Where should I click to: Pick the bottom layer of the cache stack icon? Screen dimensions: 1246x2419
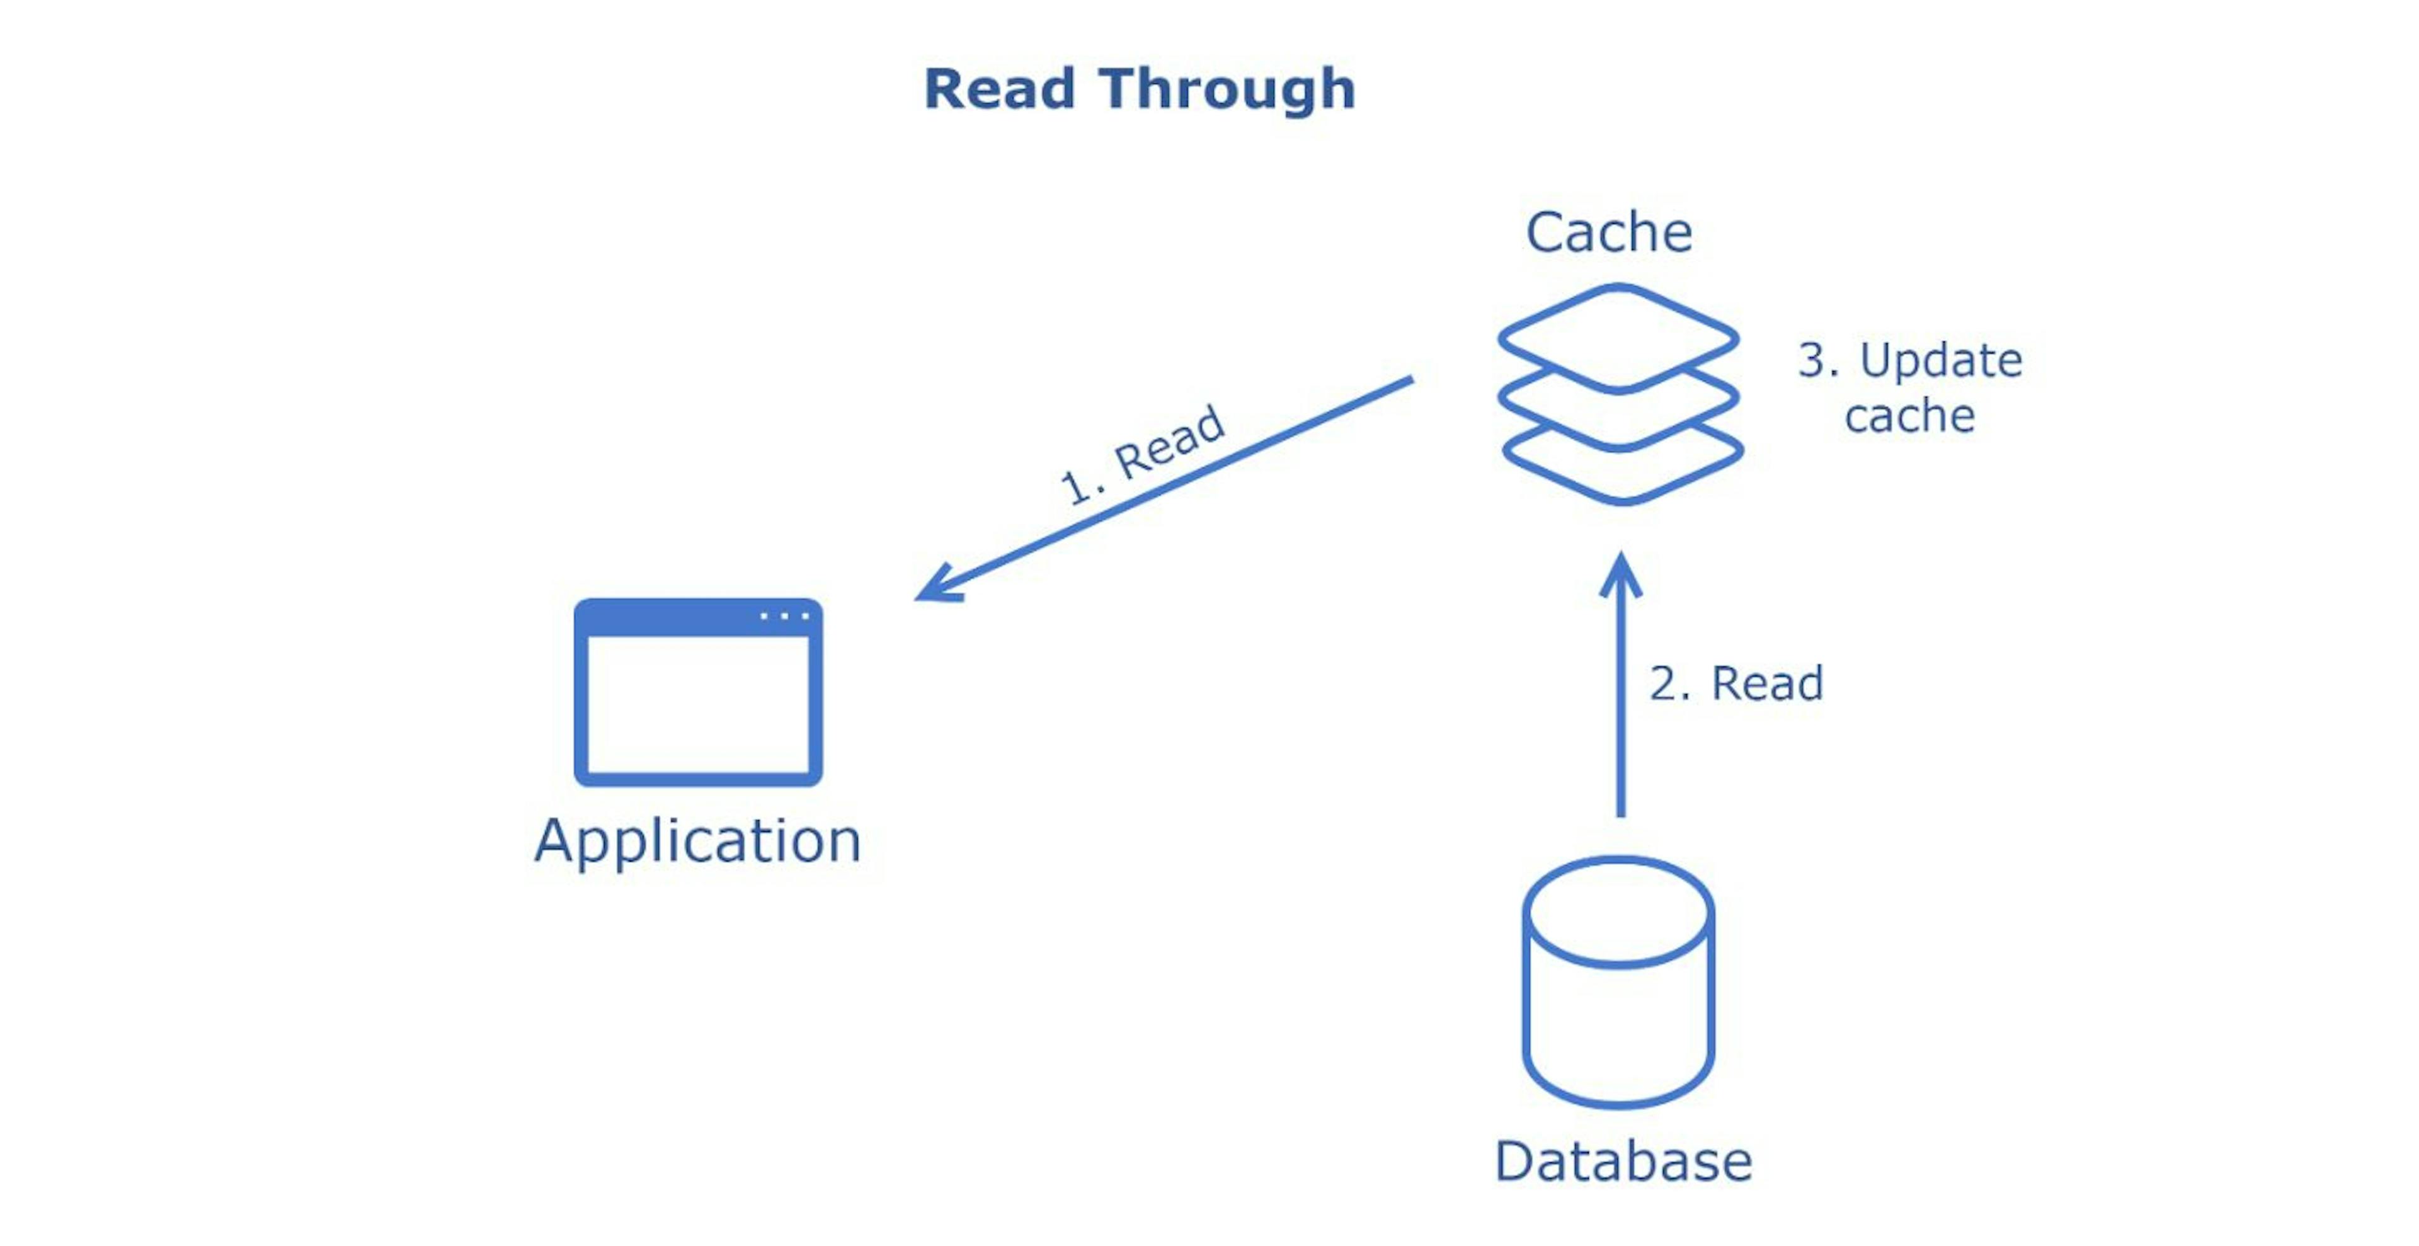tap(1623, 475)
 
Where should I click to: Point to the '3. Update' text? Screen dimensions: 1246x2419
tap(1910, 360)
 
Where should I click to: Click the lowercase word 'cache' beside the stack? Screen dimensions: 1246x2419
tap(1909, 416)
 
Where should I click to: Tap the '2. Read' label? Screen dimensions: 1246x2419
tap(1736, 683)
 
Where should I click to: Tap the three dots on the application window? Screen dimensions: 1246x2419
tap(784, 616)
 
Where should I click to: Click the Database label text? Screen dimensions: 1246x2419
tap(1623, 1162)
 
